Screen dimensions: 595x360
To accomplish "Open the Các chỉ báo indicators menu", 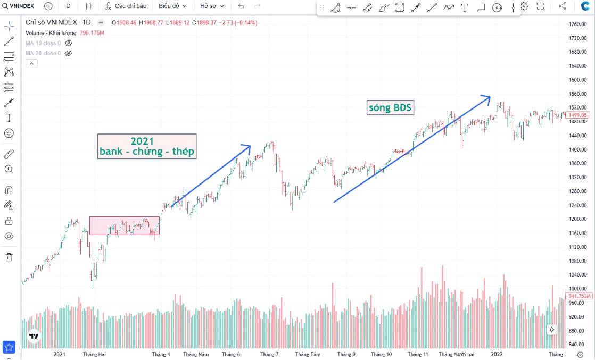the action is (126, 6).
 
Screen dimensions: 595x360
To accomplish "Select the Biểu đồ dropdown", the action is (172, 6).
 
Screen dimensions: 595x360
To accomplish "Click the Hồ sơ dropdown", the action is (212, 6).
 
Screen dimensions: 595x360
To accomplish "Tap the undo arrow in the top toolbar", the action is (241, 6).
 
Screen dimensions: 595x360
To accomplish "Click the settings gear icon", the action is (524, 6).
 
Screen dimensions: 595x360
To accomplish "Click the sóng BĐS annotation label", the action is (390, 108).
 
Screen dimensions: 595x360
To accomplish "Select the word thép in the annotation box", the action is (183, 152).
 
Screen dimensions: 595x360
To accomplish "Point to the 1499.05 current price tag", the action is (577, 115).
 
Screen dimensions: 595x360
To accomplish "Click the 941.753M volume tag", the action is (579, 296).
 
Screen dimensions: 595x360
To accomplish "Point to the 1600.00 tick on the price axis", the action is (577, 80).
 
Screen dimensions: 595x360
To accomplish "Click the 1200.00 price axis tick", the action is (577, 219).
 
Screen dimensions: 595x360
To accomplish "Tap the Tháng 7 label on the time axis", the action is (269, 354).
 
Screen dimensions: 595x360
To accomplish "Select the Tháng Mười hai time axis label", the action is (457, 354).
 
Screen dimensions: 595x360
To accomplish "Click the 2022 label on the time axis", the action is (497, 354).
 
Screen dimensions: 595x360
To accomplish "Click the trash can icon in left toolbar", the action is (9, 257).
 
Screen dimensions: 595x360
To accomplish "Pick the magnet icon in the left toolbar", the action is (9, 190).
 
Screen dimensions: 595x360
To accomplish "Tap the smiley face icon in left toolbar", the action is (9, 133).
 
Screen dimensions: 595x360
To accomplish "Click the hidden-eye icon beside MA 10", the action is (68, 43).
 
